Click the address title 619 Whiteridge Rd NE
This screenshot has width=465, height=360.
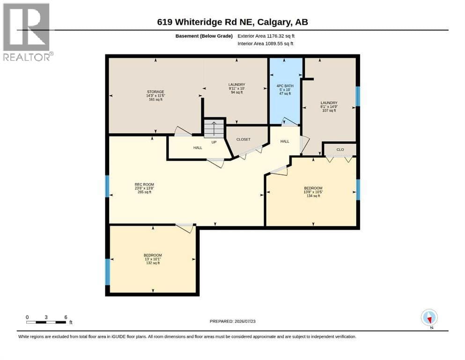tap(205, 22)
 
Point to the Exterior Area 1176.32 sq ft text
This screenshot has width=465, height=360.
tap(266, 36)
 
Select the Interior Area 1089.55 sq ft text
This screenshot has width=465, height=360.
tap(266, 44)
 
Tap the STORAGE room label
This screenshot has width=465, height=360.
tap(155, 96)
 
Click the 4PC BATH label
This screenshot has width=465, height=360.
tap(285, 90)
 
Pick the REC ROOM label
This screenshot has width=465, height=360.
tap(144, 188)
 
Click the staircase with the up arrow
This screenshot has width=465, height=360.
tap(214, 129)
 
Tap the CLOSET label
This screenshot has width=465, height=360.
tap(243, 139)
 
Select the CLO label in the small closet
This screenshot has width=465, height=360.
tap(340, 150)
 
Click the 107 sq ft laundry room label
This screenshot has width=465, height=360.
tap(329, 106)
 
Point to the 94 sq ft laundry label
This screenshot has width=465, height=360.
tap(236, 89)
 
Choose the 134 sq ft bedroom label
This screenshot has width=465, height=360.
tap(313, 192)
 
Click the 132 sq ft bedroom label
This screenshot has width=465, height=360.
tap(153, 259)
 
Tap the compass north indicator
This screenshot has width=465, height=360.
tap(429, 318)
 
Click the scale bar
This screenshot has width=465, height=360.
tap(46, 322)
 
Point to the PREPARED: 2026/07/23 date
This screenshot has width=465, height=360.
tap(232, 321)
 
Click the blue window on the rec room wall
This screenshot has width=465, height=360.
tap(107, 187)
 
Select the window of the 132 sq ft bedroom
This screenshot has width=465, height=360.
tap(107, 272)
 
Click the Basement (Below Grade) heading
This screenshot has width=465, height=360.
tap(204, 36)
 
